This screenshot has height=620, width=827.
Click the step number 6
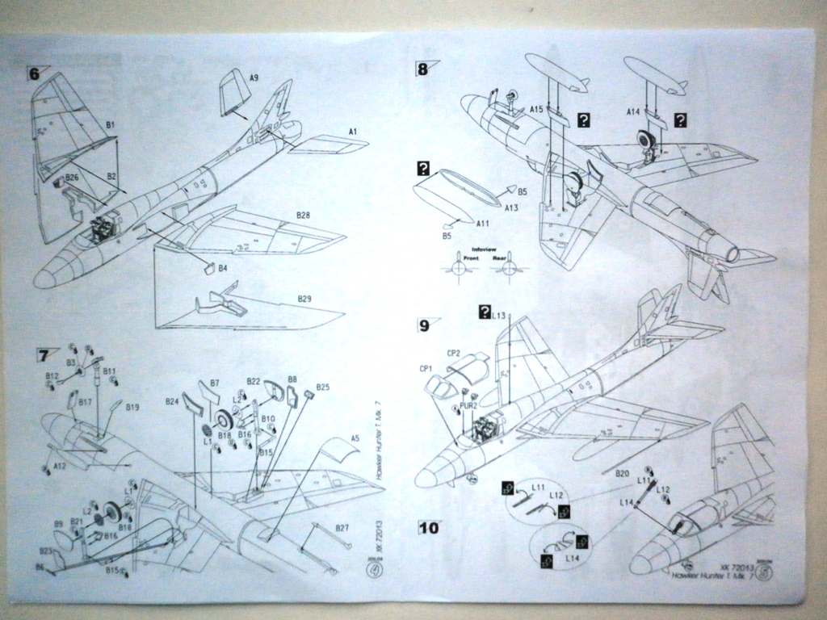pyautogui.click(x=34, y=73)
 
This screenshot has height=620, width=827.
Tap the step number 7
pyautogui.click(x=42, y=355)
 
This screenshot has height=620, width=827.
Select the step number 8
pyautogui.click(x=422, y=69)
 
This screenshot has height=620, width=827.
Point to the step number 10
pyautogui.click(x=429, y=529)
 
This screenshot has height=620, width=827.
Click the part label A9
pyautogui.click(x=254, y=77)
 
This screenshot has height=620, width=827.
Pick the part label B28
pyautogui.click(x=303, y=216)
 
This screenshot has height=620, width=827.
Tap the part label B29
pyautogui.click(x=304, y=299)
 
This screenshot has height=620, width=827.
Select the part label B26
pyautogui.click(x=72, y=177)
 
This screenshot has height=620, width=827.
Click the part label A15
pyautogui.click(x=536, y=109)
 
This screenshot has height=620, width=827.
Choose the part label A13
pyautogui.click(x=510, y=207)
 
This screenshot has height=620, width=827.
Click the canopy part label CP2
pyautogui.click(x=453, y=353)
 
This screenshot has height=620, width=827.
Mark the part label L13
pyautogui.click(x=498, y=316)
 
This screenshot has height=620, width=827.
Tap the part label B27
pyautogui.click(x=342, y=528)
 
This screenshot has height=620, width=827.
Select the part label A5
pyautogui.click(x=355, y=438)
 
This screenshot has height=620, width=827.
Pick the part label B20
pyautogui.click(x=622, y=473)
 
